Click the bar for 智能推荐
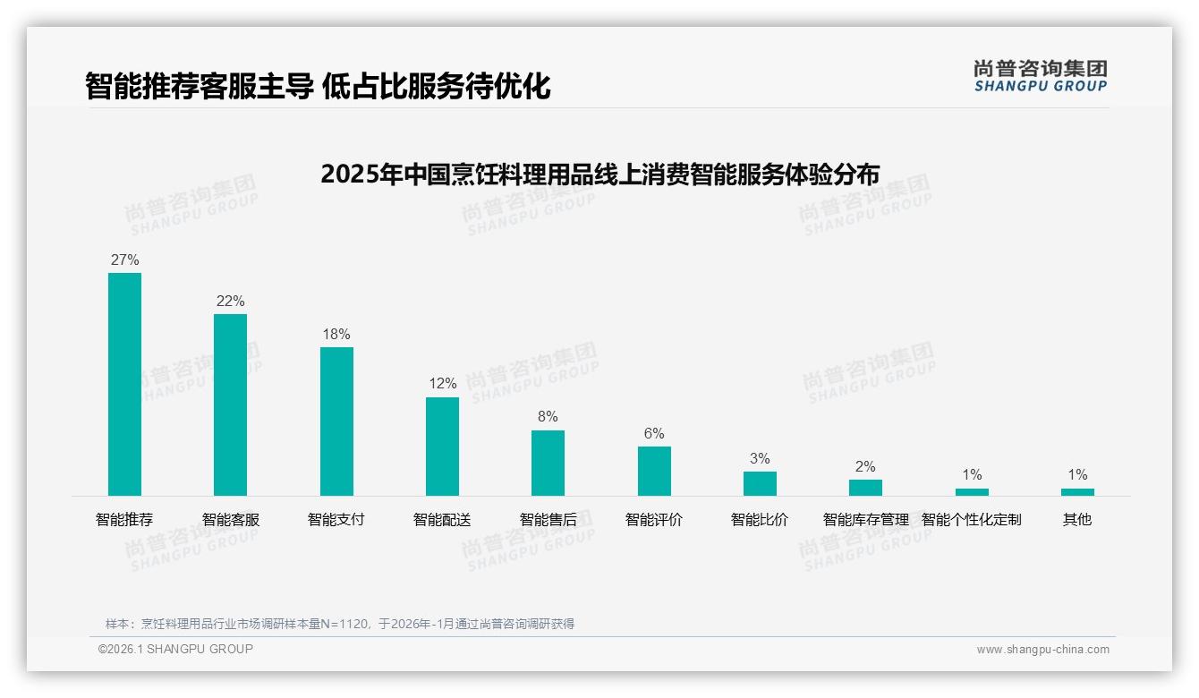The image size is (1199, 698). coord(124,384)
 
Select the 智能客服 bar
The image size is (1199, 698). coord(230,404)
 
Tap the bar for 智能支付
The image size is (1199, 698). coord(336,421)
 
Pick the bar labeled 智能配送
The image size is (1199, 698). coord(442,447)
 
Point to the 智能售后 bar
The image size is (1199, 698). coord(548,463)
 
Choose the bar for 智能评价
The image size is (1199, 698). coord(654,471)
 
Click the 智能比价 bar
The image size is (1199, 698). coord(760,483)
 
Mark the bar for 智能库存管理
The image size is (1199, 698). coord(865,488)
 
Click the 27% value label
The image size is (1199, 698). coord(124,260)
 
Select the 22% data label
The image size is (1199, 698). coord(230,301)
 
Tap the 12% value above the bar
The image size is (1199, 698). coord(442,384)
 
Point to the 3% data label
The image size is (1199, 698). coord(760,458)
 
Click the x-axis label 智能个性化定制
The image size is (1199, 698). coord(971,519)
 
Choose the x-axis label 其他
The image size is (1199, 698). coord(1077,519)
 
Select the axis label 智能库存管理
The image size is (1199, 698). coord(865,519)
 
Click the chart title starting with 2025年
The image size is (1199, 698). coord(599,174)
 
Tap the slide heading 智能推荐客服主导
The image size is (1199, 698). coord(318,86)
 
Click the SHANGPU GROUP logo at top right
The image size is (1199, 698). coord(1040,76)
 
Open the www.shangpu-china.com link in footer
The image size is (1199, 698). coord(1042,650)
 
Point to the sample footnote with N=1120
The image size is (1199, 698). coord(340,624)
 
